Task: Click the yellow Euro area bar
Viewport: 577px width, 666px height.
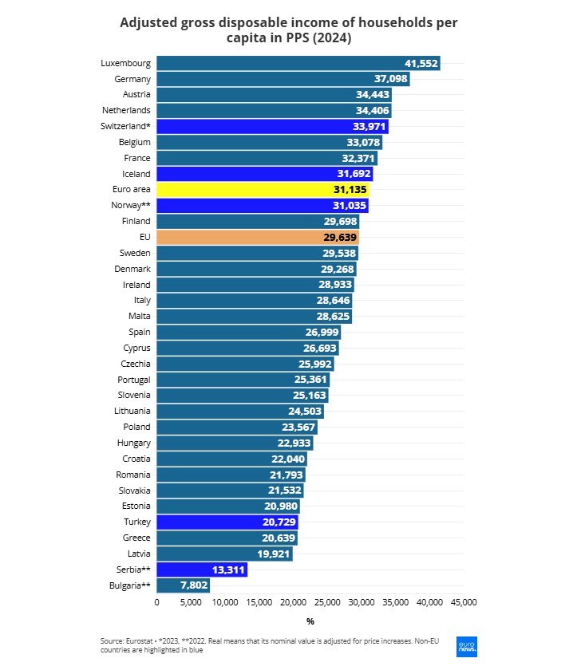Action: pos(263,190)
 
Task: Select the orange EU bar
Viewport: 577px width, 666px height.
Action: pos(258,237)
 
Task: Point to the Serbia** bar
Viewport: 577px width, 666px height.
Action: pos(202,569)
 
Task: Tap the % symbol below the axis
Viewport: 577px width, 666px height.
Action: pos(310,621)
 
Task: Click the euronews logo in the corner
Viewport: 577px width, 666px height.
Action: pos(467,646)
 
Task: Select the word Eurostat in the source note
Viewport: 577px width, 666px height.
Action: pos(139,640)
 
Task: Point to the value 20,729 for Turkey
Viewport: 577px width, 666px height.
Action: pos(276,522)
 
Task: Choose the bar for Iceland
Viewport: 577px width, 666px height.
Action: pos(264,174)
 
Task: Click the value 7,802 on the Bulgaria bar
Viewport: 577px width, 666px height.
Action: pos(194,585)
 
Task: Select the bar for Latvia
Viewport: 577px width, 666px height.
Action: pos(224,554)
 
